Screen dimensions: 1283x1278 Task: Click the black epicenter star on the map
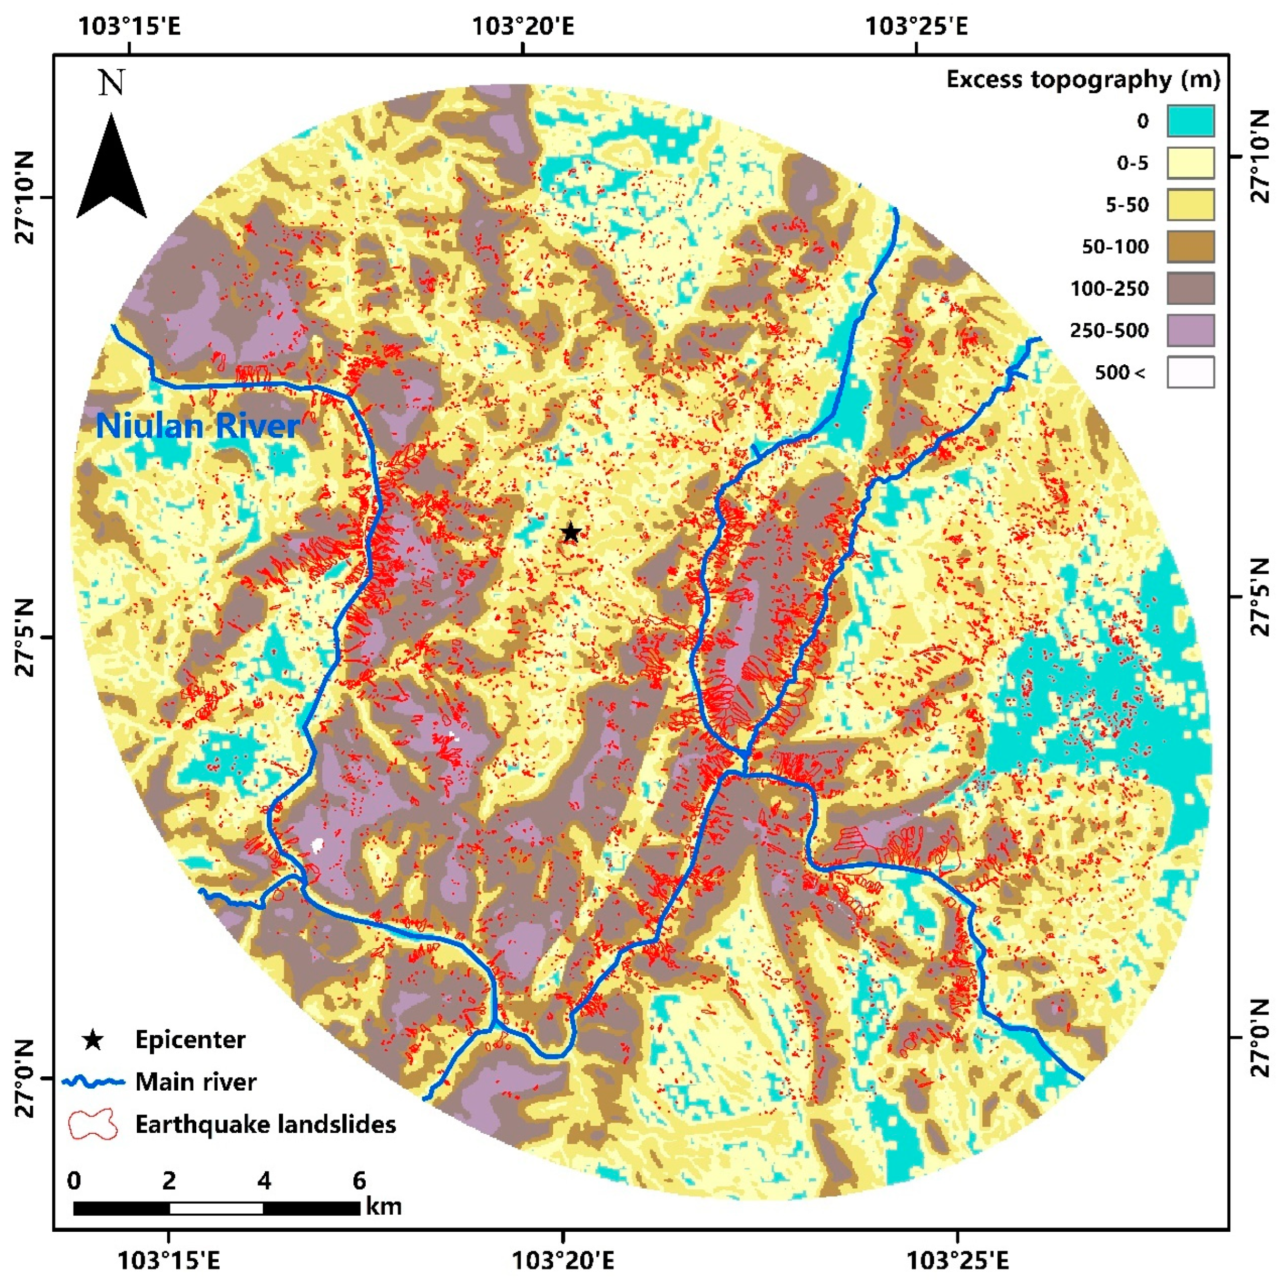pos(571,533)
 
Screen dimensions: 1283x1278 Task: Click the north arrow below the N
pos(111,169)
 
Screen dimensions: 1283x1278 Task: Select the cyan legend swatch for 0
pos(1190,121)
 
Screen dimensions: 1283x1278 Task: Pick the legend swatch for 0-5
pos(1190,163)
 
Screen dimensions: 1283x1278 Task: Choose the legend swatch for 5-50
pos(1190,205)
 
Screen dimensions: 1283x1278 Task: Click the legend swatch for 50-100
pos(1190,246)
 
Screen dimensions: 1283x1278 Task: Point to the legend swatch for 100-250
pos(1190,288)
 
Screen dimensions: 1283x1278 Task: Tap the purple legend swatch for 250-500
pos(1190,330)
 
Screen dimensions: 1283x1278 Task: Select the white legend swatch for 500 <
pos(1190,372)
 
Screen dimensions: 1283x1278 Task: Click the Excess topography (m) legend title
pos(1083,80)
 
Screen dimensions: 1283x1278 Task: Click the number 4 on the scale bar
pos(264,1180)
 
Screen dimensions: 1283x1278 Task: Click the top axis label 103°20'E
pos(523,26)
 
